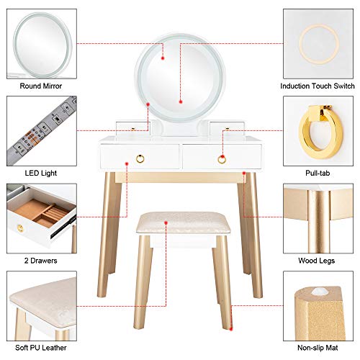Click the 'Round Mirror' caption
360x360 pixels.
point(40,86)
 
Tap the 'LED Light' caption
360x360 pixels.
point(40,172)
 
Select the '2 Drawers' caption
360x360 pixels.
point(40,259)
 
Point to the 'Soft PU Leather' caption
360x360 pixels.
point(40,347)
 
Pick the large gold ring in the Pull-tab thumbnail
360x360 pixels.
point(318,128)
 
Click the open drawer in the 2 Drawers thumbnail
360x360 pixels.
point(40,216)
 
